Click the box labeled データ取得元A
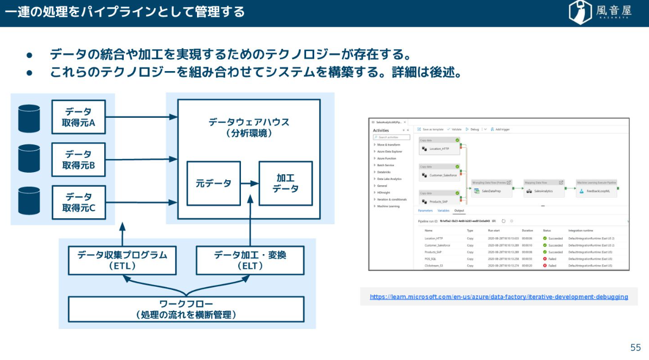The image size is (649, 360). (79, 117)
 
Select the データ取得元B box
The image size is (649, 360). (79, 160)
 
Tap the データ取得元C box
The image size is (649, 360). (79, 202)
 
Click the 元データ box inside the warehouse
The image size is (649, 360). (213, 184)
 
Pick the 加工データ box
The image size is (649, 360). (285, 184)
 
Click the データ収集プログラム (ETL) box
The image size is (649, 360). (122, 260)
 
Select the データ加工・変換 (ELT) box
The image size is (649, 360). (250, 260)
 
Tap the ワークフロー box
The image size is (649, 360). (186, 309)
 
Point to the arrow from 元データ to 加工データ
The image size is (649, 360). (250, 184)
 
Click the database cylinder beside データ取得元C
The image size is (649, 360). (29, 201)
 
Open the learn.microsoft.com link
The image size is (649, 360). (499, 297)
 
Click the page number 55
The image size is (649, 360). (635, 348)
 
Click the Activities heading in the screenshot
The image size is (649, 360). (381, 130)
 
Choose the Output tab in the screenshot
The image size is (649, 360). (459, 211)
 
